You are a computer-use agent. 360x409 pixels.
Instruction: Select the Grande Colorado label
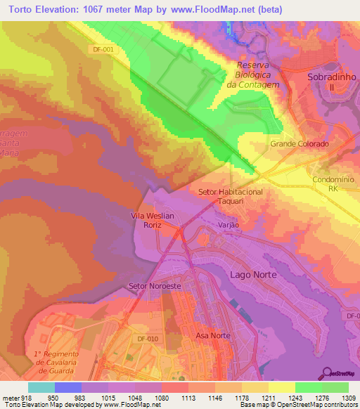300,144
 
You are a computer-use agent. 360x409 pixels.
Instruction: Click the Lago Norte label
253,274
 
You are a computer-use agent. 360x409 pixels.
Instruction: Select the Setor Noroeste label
155,287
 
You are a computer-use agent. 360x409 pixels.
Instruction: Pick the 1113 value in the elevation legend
188,398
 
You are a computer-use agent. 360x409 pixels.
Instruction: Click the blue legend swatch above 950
67,387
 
